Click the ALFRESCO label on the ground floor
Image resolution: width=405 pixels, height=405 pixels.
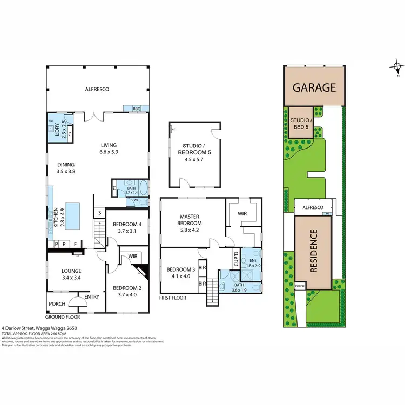click(x=97, y=90)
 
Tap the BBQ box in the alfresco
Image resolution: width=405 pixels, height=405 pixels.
click(x=137, y=109)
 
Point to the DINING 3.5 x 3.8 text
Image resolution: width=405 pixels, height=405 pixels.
click(x=66, y=168)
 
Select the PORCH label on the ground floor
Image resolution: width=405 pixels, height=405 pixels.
click(x=57, y=303)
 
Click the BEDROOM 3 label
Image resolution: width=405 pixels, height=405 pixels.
click(x=178, y=273)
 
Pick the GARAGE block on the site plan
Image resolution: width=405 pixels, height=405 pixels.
click(x=314, y=87)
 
